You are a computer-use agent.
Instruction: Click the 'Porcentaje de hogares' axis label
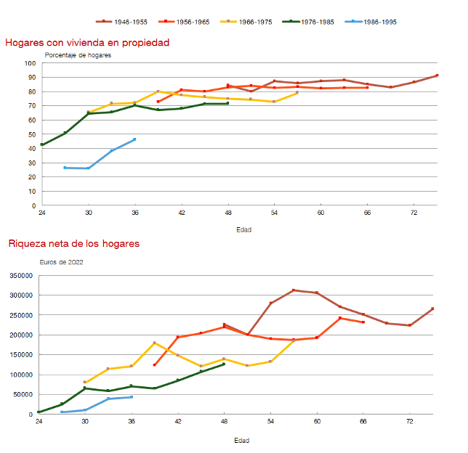tap(78, 56)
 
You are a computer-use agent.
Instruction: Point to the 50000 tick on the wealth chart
tap(23, 395)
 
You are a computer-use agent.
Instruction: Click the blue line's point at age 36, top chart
tap(134, 139)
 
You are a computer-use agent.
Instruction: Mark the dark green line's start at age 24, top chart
tap(42, 144)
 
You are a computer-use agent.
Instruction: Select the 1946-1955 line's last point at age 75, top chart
tap(437, 75)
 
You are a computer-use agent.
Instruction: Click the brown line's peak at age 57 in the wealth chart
tap(294, 290)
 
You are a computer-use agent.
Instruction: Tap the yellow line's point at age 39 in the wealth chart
tap(155, 343)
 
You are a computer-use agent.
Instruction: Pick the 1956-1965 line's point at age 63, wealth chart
tap(340, 318)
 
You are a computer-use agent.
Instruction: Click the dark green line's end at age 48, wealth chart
tap(224, 364)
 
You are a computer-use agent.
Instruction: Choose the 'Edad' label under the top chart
tap(245, 229)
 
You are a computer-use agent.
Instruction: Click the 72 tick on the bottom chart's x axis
tap(410, 422)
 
